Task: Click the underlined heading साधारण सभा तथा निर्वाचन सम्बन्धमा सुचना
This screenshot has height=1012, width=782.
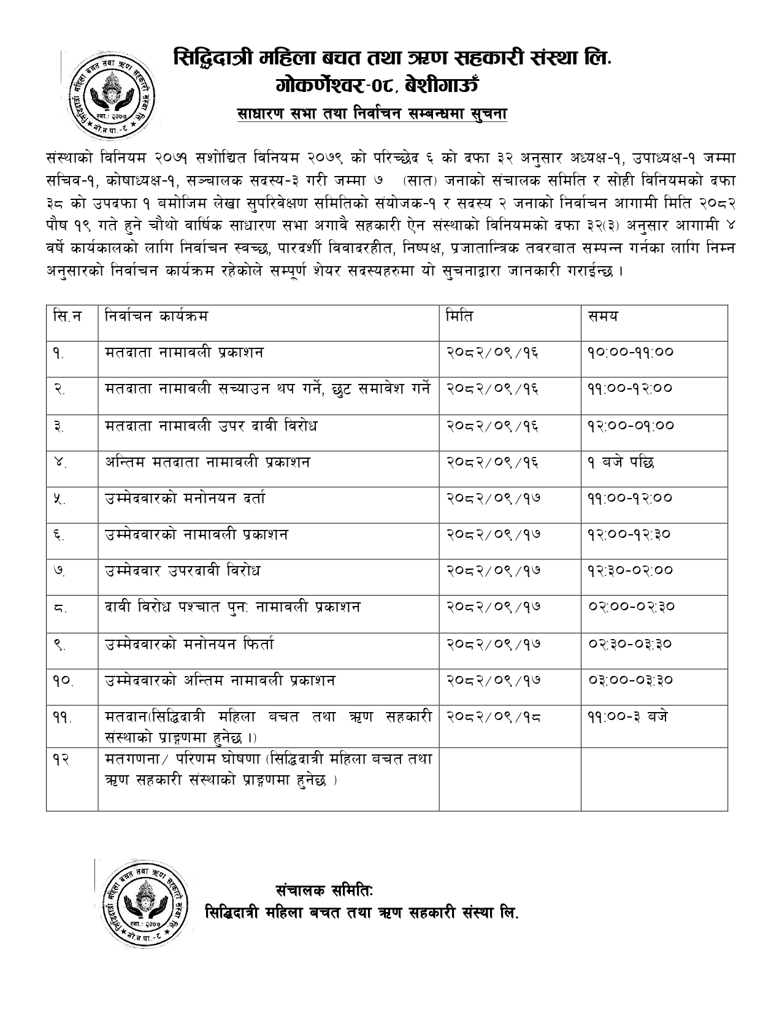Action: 372,115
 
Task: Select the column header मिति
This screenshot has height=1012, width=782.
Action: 459,316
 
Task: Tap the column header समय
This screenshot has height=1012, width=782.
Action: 603,316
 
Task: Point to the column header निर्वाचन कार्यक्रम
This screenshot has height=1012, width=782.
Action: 156,316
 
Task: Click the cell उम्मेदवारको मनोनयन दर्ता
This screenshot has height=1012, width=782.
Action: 185,498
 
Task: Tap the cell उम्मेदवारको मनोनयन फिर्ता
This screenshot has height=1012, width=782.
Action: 190,644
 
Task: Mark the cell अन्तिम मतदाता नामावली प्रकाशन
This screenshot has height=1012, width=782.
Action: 207,462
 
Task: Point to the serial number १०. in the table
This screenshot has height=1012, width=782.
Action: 63,681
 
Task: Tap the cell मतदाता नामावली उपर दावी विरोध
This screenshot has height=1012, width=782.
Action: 211,425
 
